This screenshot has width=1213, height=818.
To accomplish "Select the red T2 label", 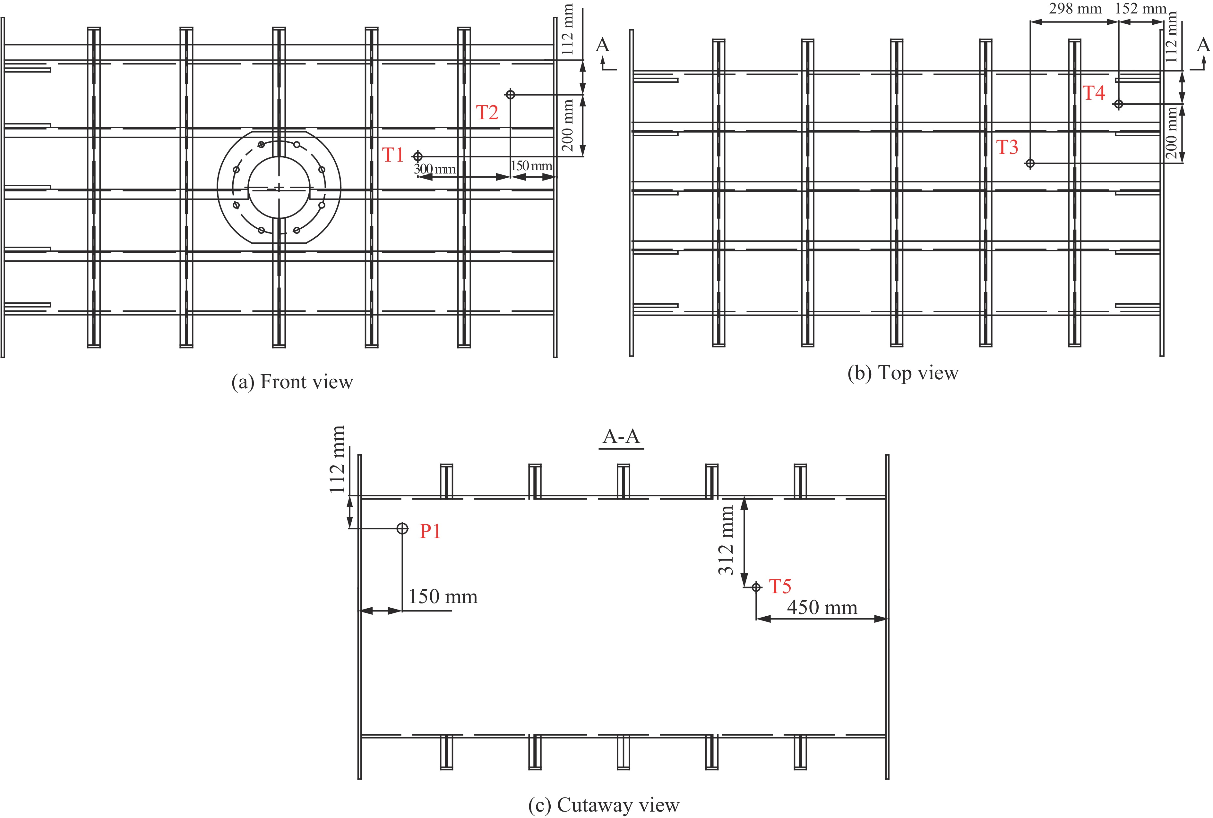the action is tap(487, 113).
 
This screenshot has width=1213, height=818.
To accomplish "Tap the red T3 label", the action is tap(1007, 148).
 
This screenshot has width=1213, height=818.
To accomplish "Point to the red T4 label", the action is tap(1094, 93).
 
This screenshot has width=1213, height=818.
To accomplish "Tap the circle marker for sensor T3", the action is tap(1030, 163).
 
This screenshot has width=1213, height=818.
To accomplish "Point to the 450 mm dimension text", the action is tap(822, 608).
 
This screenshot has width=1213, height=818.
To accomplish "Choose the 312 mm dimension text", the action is tap(726, 540).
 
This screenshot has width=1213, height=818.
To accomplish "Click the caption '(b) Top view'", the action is tap(903, 373).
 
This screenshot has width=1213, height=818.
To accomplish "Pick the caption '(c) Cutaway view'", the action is tap(604, 805).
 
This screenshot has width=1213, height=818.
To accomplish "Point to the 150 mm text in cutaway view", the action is tap(443, 597).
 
